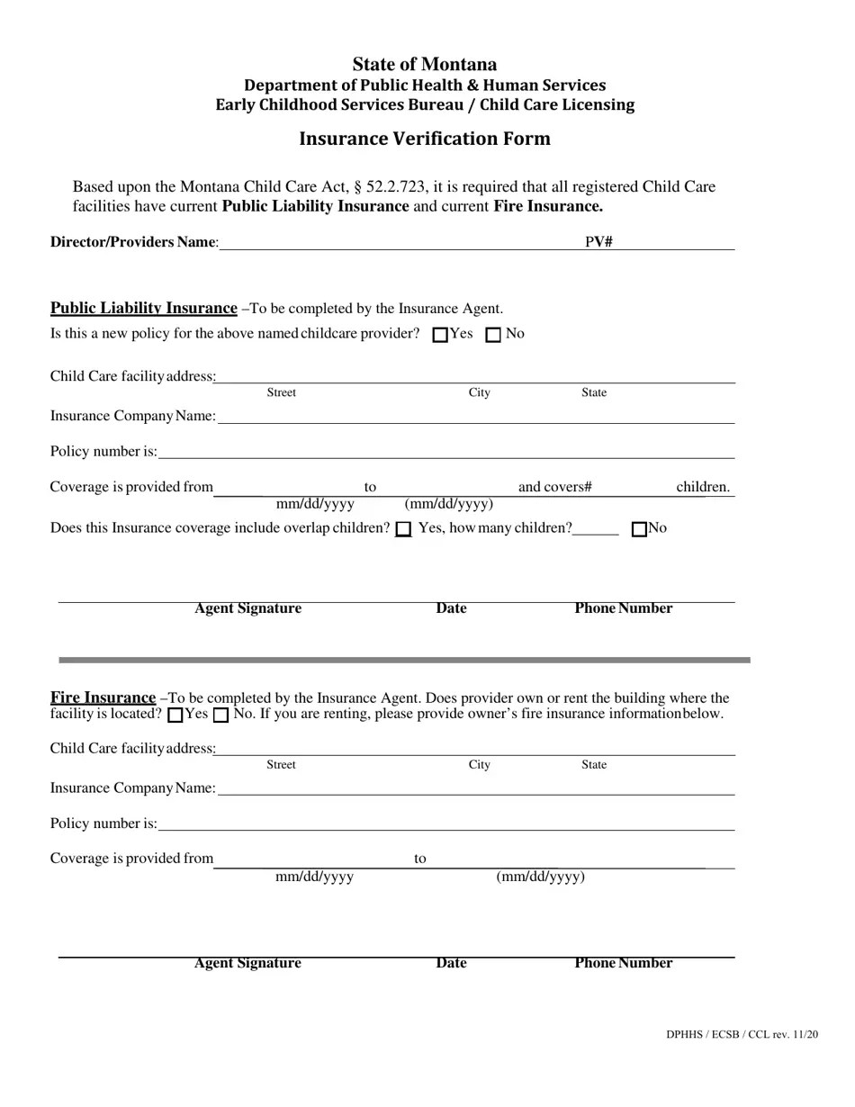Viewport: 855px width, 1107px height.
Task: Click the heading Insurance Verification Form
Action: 424,139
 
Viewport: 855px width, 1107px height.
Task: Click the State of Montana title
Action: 424,64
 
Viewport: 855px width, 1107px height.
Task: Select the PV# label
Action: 598,242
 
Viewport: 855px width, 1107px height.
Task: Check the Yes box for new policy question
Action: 440,335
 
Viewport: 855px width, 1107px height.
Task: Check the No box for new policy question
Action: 493,335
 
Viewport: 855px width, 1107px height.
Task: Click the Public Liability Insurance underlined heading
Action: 143,308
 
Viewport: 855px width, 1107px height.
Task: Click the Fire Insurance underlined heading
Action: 103,697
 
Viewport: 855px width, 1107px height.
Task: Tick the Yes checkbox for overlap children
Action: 404,529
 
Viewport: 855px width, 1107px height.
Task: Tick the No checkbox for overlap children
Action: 640,529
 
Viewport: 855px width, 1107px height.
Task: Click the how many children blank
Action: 596,529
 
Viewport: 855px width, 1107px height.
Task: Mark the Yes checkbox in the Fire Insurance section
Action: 176,715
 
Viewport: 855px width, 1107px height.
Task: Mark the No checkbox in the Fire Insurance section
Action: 220,715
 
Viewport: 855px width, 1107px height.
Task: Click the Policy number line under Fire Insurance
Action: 445,823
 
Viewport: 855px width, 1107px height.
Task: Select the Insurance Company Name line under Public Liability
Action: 475,417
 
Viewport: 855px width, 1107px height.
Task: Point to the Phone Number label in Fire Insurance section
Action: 623,963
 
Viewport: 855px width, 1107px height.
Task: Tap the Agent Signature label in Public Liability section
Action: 247,608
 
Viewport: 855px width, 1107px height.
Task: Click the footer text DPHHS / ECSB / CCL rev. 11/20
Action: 742,1035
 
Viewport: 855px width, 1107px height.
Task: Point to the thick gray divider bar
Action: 404,661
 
